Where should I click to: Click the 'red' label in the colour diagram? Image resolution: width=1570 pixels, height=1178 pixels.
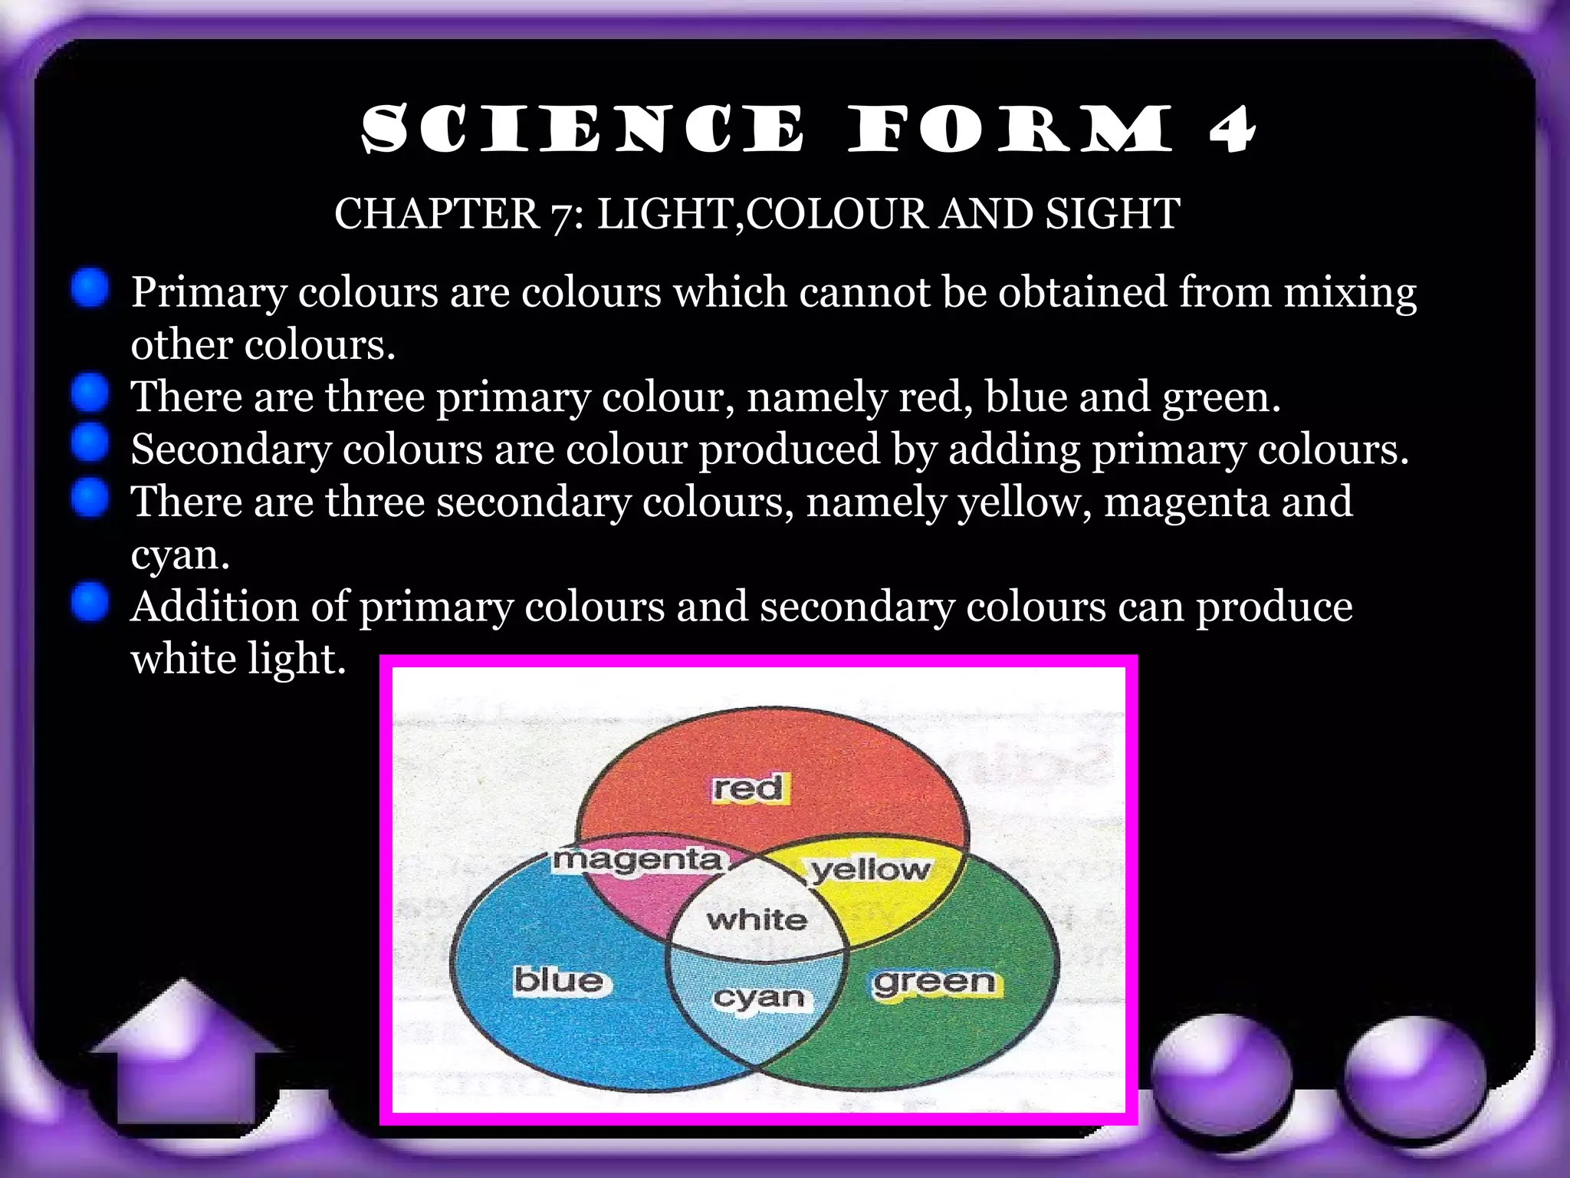point(747,788)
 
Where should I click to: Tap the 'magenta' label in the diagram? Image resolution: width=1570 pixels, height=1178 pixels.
point(638,860)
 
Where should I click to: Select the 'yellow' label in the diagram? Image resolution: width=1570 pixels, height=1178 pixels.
point(871,870)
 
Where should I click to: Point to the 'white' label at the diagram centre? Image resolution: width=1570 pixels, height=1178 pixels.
point(757,919)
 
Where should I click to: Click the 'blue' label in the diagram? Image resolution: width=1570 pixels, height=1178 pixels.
point(558,980)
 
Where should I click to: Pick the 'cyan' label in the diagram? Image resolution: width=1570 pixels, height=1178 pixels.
point(759,997)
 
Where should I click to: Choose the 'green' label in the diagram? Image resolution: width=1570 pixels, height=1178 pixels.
point(934,982)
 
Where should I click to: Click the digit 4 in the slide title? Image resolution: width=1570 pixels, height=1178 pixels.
point(1232,130)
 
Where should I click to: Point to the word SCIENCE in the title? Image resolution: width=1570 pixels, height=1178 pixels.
point(583,130)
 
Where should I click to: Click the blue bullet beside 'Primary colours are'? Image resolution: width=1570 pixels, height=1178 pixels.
point(91,288)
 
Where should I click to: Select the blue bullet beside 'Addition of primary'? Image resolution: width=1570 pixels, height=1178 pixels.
point(91,601)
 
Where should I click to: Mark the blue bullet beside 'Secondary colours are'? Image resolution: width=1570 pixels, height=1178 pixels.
point(91,444)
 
